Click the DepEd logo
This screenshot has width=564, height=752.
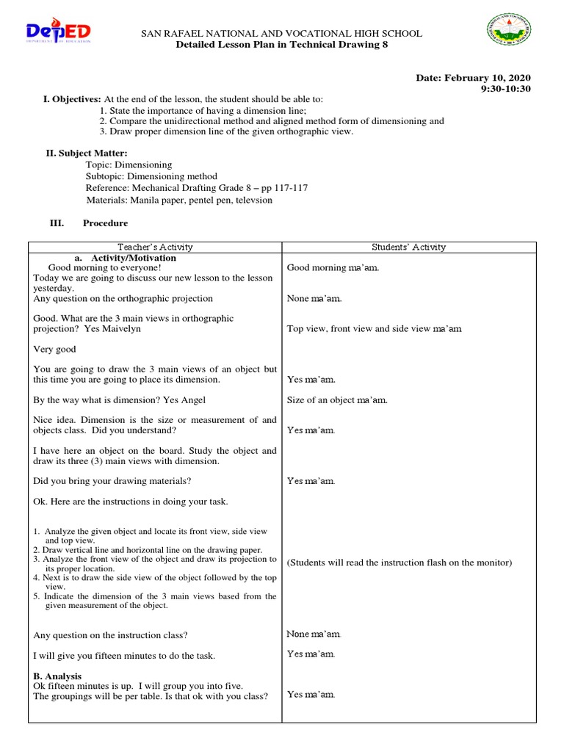tap(59, 34)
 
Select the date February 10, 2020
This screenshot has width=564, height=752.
tap(494, 78)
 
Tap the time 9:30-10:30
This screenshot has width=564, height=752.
tap(505, 89)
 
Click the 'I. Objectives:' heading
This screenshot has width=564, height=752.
tap(72, 99)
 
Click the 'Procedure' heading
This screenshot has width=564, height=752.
tap(105, 223)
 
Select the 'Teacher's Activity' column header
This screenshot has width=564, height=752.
tap(155, 247)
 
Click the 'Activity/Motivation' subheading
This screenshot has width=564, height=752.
tap(134, 258)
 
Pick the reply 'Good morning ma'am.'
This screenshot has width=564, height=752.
tap(333, 268)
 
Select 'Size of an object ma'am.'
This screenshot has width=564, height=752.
tap(337, 400)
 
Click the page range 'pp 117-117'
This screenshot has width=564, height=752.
tap(283, 188)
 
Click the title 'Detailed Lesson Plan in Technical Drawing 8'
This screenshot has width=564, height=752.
tap(282, 45)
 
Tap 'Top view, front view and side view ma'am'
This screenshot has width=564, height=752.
tap(375, 329)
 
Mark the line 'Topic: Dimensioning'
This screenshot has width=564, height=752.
tap(129, 164)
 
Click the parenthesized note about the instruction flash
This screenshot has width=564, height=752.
tap(399, 563)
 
